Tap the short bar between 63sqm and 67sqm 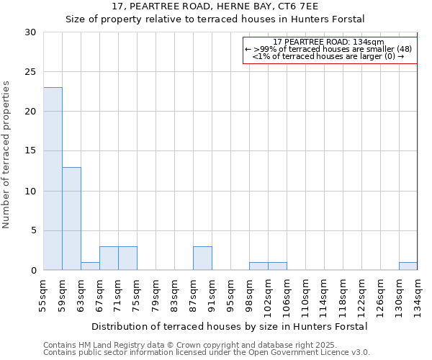coord(90,266)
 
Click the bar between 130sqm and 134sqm coord(408,266)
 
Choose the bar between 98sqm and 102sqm coord(258,266)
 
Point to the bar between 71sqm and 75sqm coord(127,258)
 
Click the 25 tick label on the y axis coord(30,72)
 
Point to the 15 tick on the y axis coord(30,151)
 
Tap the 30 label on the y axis coord(30,32)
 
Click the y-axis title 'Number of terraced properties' coord(7,155)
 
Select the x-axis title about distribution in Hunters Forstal coord(230,326)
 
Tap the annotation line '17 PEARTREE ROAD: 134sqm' coord(329,42)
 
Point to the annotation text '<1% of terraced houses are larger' coord(328,56)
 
